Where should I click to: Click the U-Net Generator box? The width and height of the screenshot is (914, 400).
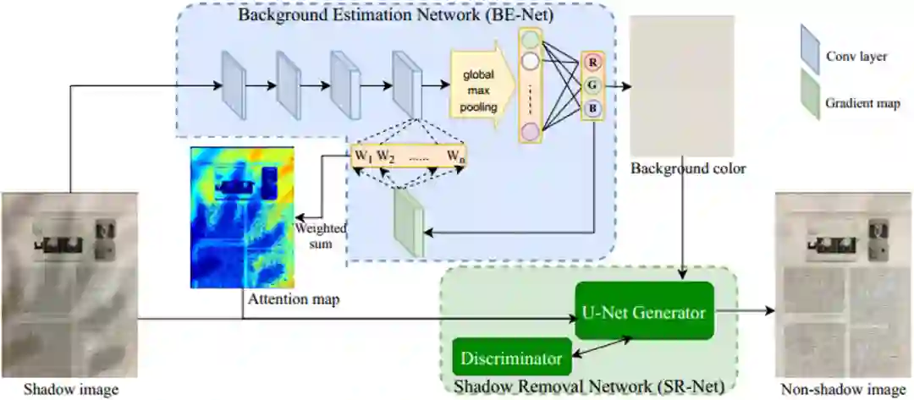[644, 312]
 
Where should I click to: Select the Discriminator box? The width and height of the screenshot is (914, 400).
[510, 358]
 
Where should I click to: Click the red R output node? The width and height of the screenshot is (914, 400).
[592, 62]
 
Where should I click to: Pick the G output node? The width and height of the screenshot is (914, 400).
[592, 85]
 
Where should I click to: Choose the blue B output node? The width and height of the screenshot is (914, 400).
[592, 107]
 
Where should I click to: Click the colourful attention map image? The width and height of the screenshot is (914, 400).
[242, 218]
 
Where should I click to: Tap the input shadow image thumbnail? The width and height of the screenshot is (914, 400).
[69, 284]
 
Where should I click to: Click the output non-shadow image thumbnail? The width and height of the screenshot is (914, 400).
[842, 284]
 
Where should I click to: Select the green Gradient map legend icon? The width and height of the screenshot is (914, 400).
[810, 104]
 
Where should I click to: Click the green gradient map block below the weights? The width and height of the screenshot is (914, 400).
[409, 222]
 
